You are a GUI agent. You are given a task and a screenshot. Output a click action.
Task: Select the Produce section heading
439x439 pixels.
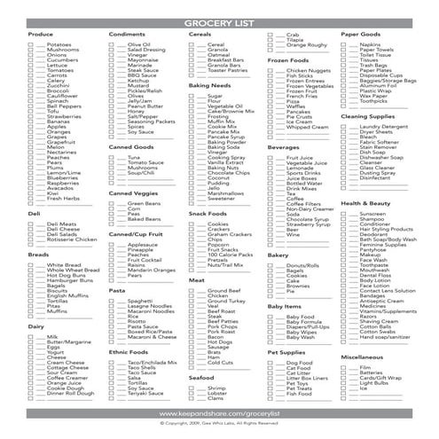(x=41, y=34)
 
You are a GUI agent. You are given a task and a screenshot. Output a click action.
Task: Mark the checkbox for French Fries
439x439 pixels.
(x=272, y=94)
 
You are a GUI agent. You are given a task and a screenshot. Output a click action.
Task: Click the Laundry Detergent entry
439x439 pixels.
(x=387, y=127)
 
